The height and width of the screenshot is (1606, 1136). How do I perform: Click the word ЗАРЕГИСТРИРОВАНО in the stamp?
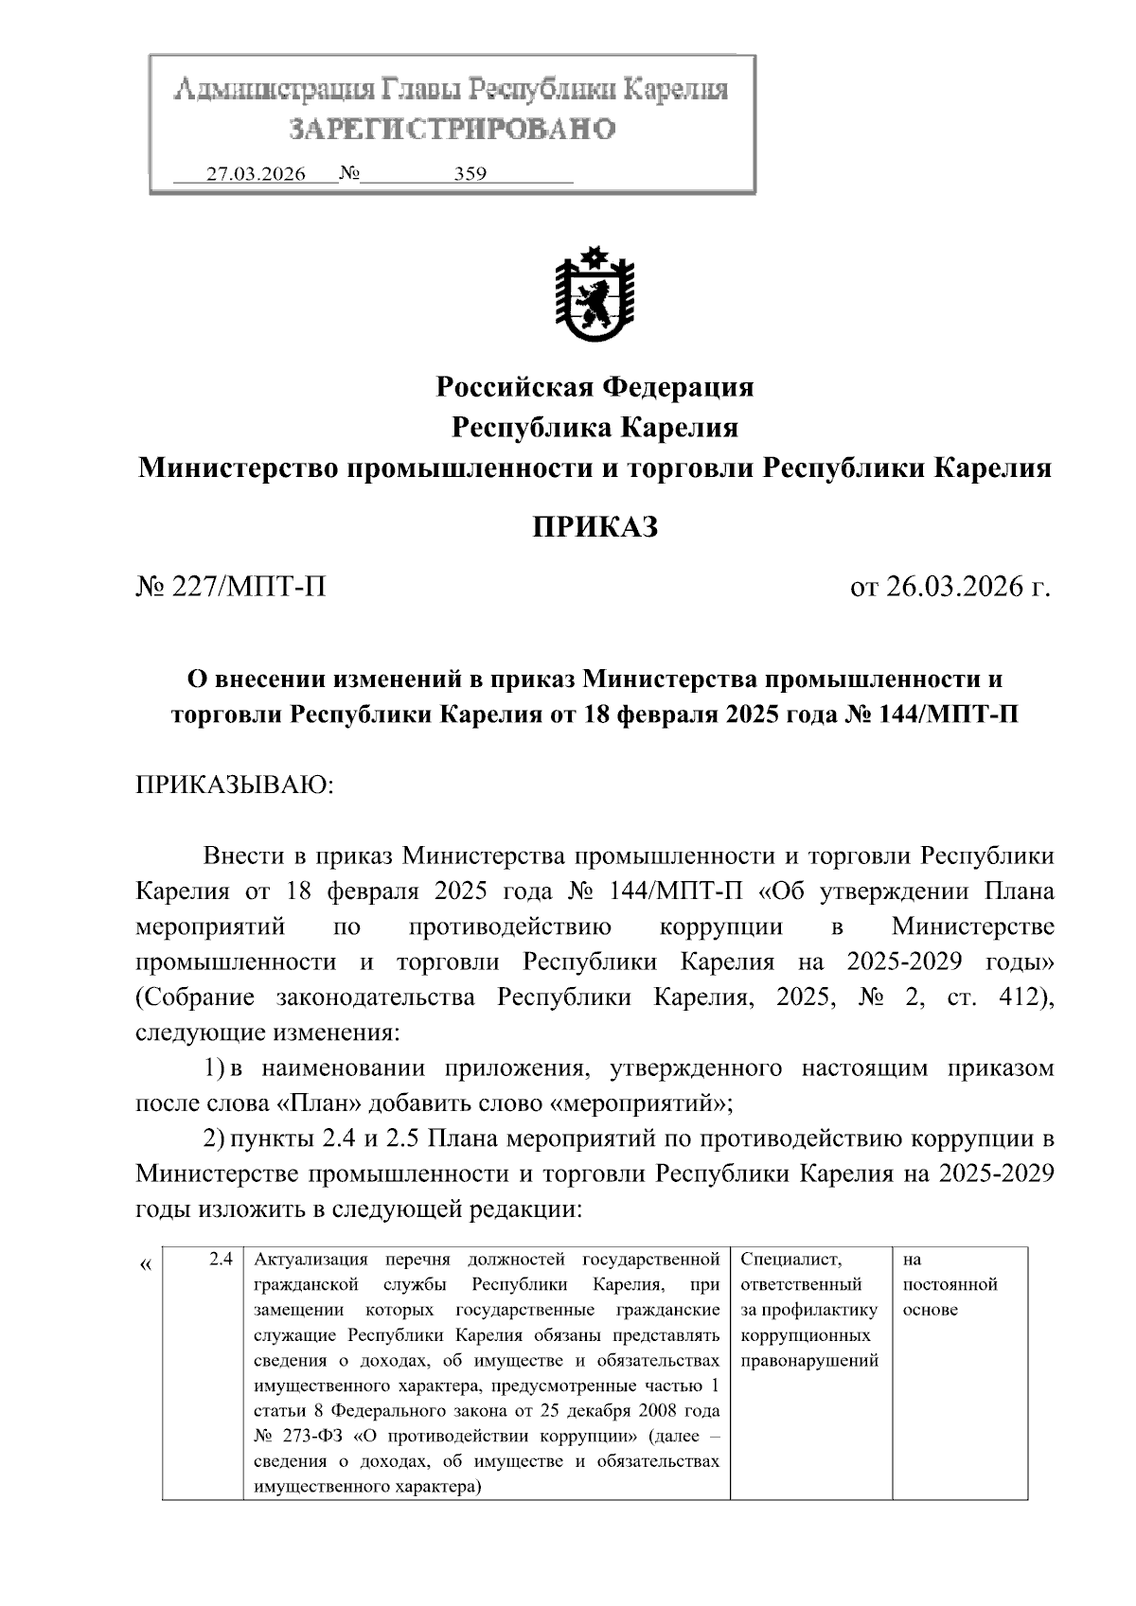[x=452, y=129]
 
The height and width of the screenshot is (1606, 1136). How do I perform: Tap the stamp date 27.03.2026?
[x=256, y=174]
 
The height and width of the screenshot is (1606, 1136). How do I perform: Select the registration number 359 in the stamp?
[x=470, y=174]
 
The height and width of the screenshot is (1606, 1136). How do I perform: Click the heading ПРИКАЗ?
[x=595, y=528]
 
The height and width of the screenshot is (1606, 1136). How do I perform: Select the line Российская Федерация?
[x=595, y=387]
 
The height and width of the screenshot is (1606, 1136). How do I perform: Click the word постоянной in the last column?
[x=950, y=1284]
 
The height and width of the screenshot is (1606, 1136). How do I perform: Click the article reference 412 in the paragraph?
[x=1019, y=998]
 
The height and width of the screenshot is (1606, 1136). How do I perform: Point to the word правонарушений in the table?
[x=809, y=1360]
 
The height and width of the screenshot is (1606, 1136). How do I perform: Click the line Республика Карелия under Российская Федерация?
[x=595, y=428]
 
